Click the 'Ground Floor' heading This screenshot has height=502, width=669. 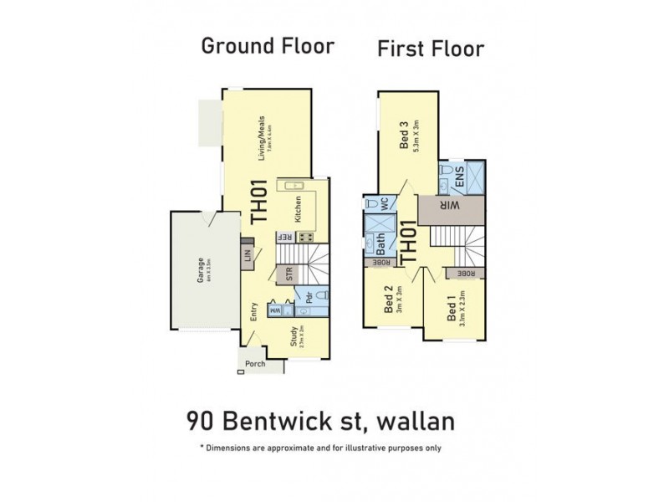[x=268, y=46]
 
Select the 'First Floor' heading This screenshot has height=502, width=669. [x=431, y=49]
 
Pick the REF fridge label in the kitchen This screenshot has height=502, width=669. [x=286, y=238]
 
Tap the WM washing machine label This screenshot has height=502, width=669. [x=275, y=310]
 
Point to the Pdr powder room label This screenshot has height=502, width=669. [x=309, y=297]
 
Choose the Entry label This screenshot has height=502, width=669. [x=252, y=312]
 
